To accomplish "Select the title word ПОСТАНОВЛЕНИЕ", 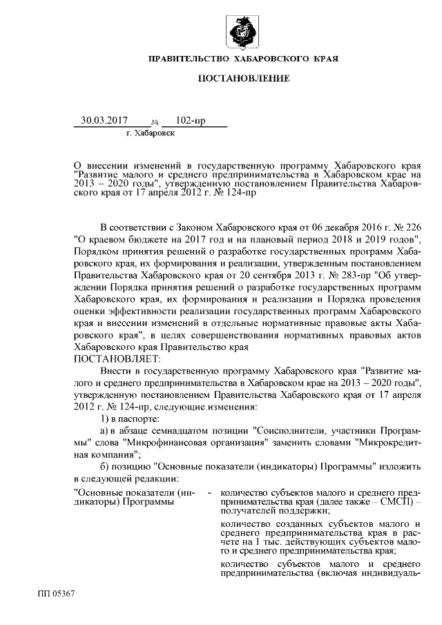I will (x=244, y=81).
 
